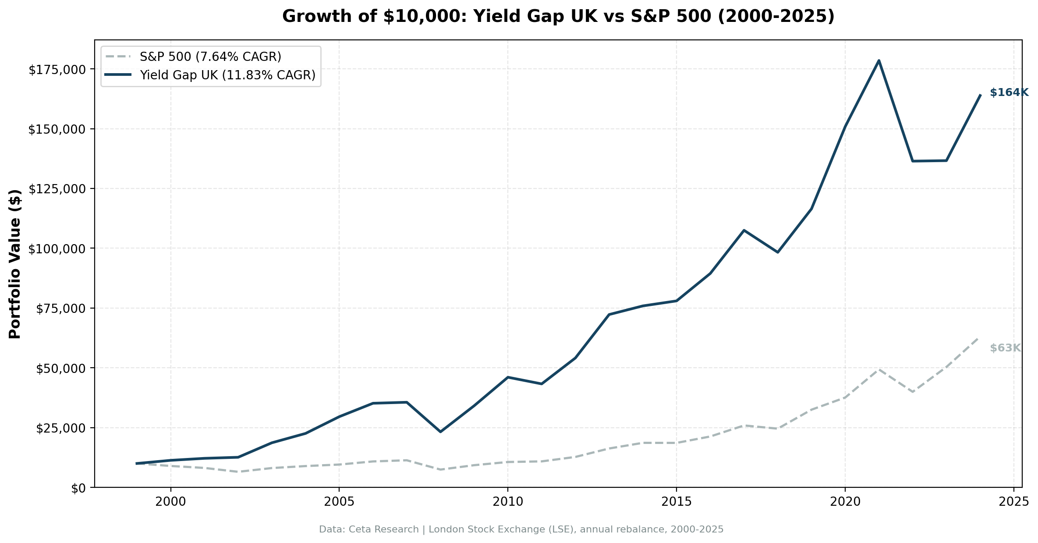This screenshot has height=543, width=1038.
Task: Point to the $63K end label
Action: [1005, 348]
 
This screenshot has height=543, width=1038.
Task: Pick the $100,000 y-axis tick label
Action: [57, 249]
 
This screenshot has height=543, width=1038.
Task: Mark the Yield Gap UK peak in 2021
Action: [879, 60]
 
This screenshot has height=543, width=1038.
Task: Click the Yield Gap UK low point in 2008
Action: [440, 432]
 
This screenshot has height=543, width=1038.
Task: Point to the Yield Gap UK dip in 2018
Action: [777, 252]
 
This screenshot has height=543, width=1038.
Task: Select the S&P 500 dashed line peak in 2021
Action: [879, 369]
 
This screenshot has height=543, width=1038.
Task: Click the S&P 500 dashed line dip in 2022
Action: [912, 392]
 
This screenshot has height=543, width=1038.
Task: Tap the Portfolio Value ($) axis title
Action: [15, 264]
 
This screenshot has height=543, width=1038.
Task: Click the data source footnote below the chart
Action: [521, 529]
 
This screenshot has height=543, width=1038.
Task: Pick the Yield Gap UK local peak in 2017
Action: [744, 230]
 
